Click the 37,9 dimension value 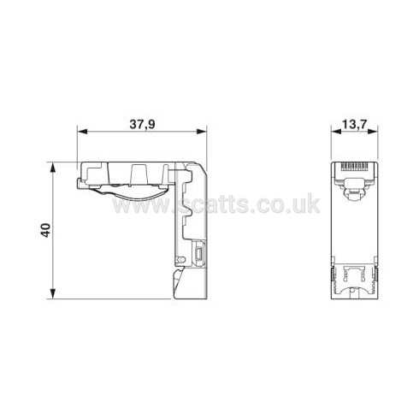(143, 124)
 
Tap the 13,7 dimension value (355, 124)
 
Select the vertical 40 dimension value (45, 230)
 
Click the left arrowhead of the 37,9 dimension (82, 132)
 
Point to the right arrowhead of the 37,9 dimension (202, 132)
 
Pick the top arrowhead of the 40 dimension (52, 168)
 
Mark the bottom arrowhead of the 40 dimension (52, 293)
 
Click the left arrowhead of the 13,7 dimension (336, 132)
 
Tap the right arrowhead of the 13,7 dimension (373, 132)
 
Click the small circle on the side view (180, 260)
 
